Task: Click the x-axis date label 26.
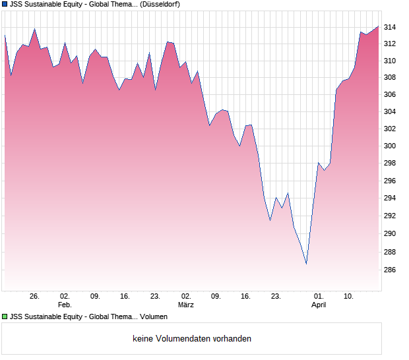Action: [35, 297]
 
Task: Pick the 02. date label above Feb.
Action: [65, 297]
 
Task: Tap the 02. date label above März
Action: [186, 297]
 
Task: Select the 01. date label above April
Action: [319, 297]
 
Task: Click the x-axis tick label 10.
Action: [348, 297]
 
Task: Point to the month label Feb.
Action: [65, 305]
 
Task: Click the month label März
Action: [186, 305]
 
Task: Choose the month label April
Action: [319, 305]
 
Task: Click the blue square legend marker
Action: [5, 5]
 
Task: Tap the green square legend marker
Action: [5, 316]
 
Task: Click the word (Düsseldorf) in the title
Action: [160, 5]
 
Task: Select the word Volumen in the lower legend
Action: [144, 316]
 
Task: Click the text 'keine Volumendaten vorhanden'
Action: [192, 339]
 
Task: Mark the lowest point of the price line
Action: [306, 264]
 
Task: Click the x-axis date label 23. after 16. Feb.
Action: [156, 297]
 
